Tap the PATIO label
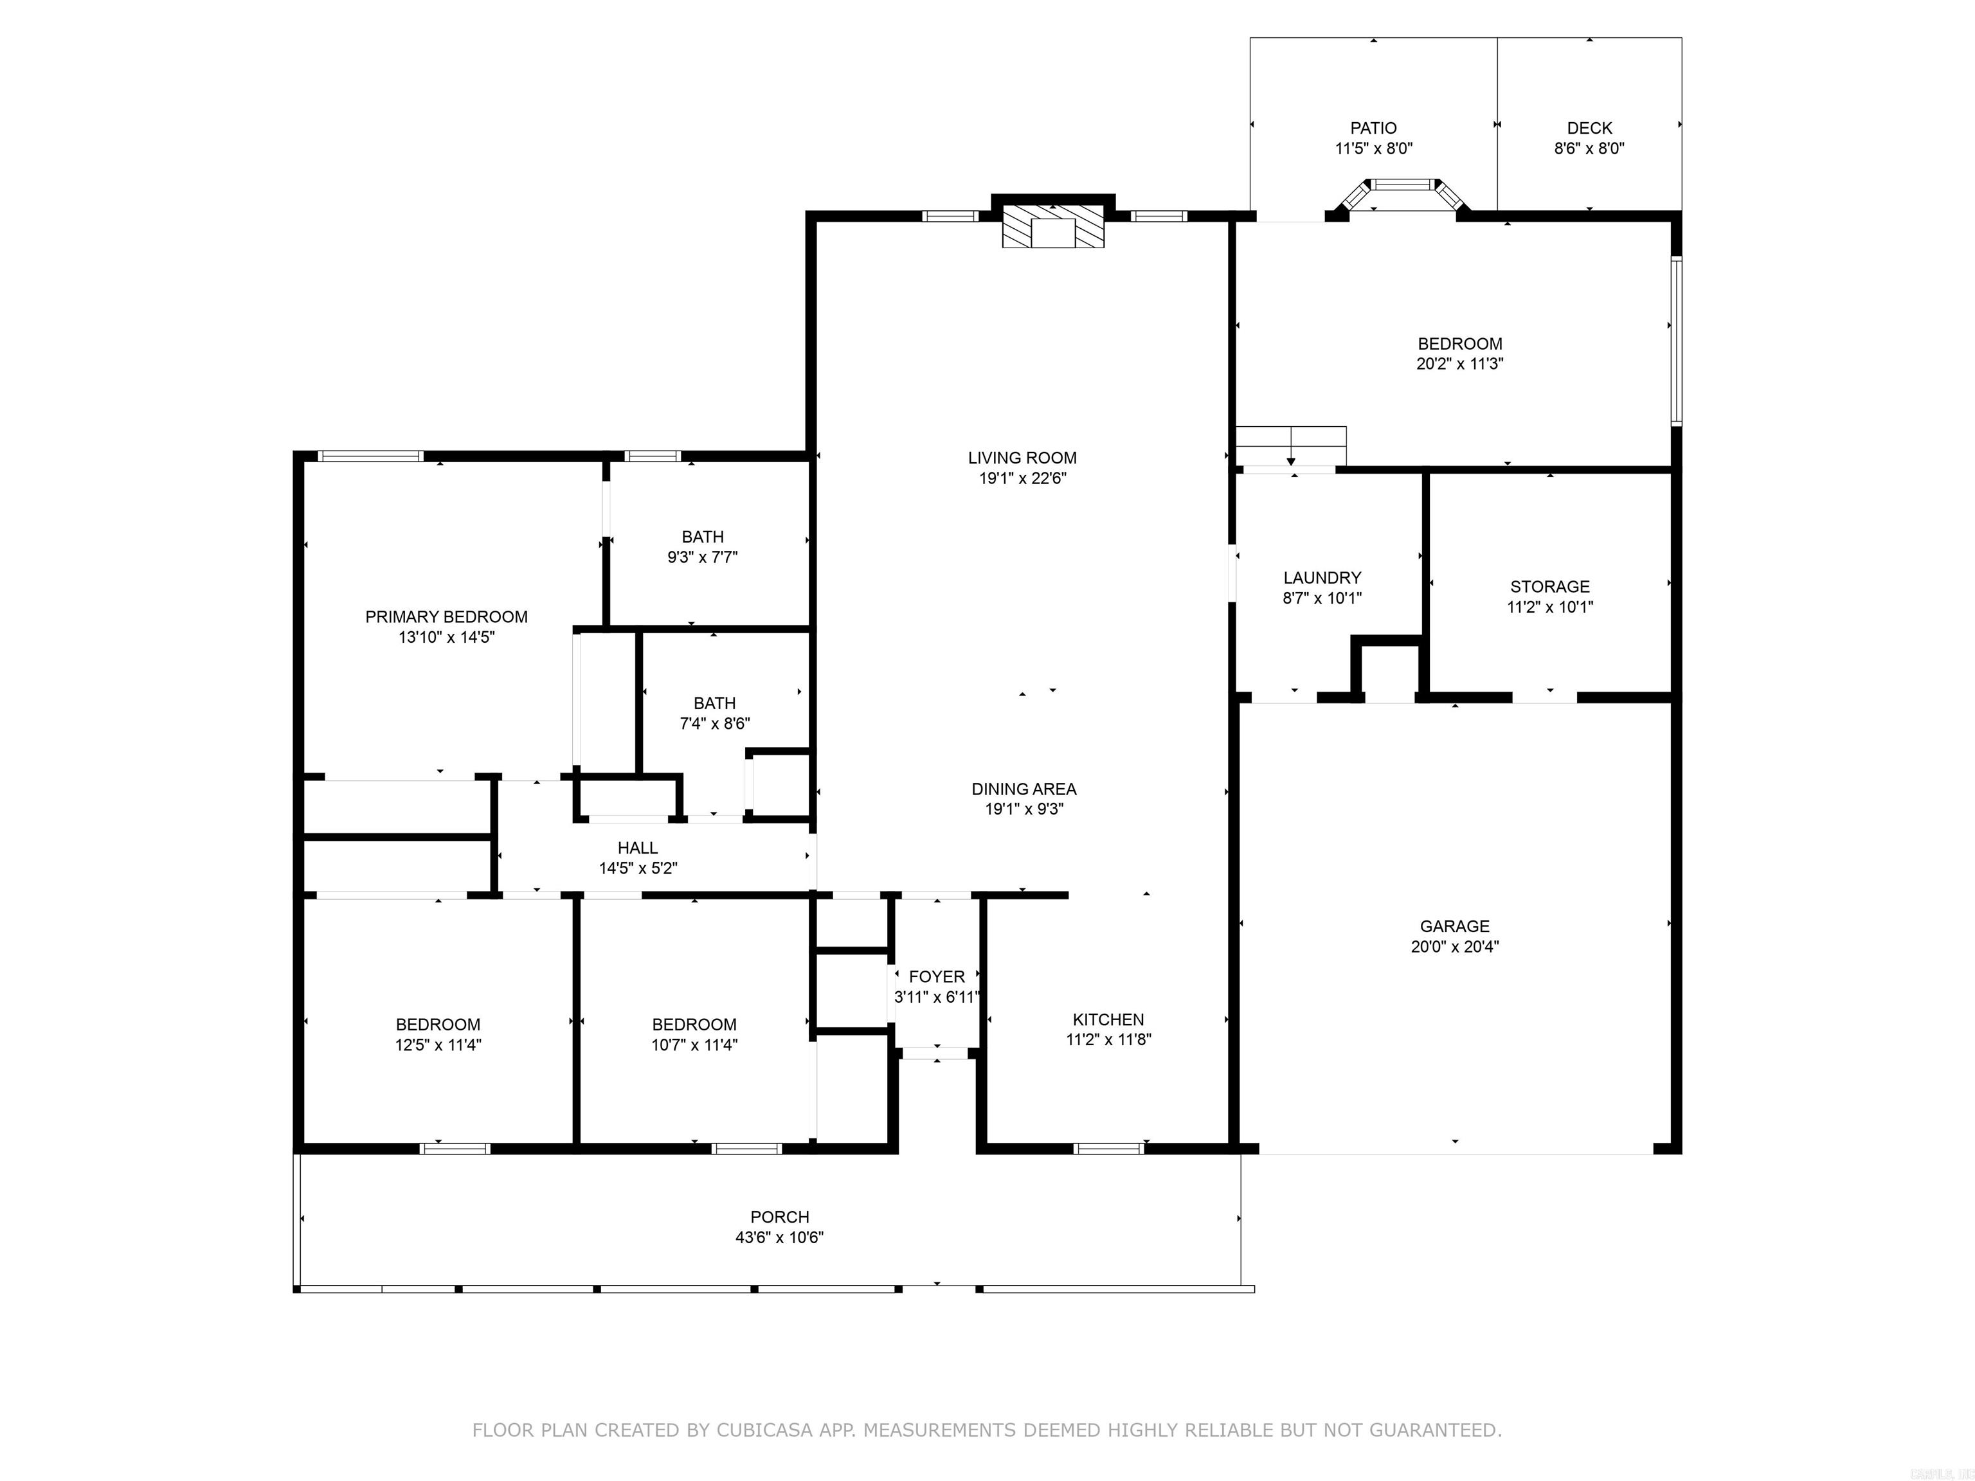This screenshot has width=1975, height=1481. pyautogui.click(x=1373, y=128)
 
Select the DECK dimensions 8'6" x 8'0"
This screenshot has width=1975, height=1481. pyautogui.click(x=1589, y=148)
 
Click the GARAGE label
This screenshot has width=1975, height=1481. pyautogui.click(x=1454, y=926)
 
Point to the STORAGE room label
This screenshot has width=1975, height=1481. pyautogui.click(x=1549, y=586)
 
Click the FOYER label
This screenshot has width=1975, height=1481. pyautogui.click(x=937, y=976)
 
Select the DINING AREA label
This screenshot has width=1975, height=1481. pyautogui.click(x=1024, y=789)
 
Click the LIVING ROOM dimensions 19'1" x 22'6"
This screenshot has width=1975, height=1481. pyautogui.click(x=1022, y=478)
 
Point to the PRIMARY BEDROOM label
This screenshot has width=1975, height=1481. pyautogui.click(x=446, y=617)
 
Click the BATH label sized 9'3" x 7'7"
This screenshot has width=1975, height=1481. pyautogui.click(x=703, y=537)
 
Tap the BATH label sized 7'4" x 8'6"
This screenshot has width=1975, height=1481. pyautogui.click(x=714, y=703)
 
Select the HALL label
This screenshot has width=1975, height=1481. pyautogui.click(x=638, y=847)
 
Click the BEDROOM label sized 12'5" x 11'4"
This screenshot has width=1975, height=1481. pyautogui.click(x=438, y=1024)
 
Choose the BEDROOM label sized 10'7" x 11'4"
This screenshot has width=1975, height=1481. pyautogui.click(x=694, y=1024)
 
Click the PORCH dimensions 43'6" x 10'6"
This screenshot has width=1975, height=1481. pyautogui.click(x=779, y=1237)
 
